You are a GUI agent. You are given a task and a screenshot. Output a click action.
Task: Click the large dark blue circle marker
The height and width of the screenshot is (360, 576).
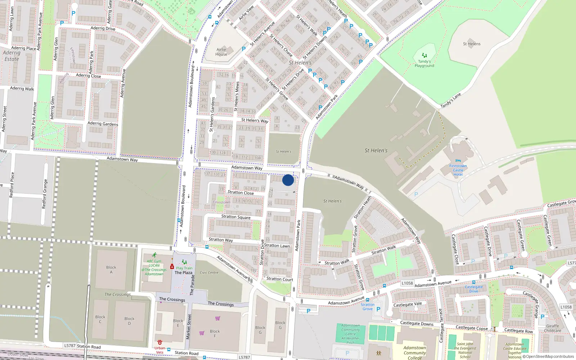tap(288, 180)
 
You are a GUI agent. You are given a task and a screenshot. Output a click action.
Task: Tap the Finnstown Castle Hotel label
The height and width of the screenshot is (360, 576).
tap(458, 170)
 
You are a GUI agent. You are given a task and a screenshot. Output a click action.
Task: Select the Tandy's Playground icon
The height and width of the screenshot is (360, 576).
tap(424, 55)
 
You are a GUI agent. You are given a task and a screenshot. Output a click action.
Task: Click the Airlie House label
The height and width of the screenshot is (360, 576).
tap(221, 52)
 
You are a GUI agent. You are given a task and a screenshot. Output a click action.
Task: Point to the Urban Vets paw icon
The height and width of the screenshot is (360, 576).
tap(159, 342)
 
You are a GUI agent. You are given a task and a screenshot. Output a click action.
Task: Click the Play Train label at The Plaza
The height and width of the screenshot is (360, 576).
tap(184, 268)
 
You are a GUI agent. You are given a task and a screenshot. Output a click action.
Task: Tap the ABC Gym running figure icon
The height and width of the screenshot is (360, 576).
tap(154, 255)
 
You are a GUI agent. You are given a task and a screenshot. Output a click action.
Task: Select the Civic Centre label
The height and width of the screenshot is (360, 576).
tap(209, 273)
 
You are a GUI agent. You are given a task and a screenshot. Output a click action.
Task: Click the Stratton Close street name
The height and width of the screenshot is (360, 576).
tap(240, 193)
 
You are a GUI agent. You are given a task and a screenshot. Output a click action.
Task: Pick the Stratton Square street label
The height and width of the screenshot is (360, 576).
tap(236, 217)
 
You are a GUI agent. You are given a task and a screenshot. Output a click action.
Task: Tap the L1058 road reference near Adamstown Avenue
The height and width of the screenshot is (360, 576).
tap(407, 283)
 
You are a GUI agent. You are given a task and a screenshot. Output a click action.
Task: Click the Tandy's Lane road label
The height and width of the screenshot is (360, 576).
tap(451, 101)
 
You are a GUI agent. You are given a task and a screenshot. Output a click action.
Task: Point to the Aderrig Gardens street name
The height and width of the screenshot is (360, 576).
tap(103, 123)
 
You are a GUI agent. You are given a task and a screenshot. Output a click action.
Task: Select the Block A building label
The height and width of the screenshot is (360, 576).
tap(111, 270)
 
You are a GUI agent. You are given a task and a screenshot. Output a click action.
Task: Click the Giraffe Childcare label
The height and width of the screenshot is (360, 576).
tap(553, 328)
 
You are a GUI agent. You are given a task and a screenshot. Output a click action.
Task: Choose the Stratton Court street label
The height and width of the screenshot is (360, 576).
tap(280, 279)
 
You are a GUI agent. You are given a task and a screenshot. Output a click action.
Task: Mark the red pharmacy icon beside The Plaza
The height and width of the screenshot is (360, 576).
tap(172, 267)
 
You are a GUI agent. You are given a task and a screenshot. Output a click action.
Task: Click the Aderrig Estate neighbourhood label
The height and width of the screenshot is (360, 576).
tap(12, 56)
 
